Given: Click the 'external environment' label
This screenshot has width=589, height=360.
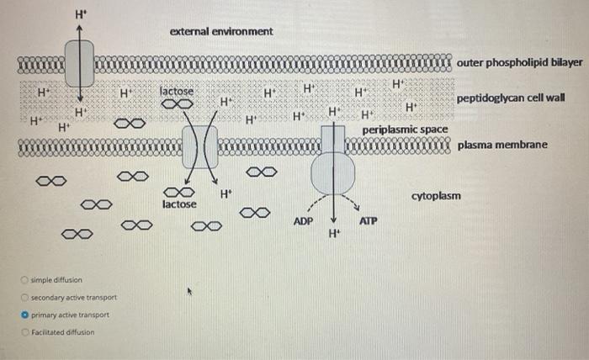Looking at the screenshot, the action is tap(221, 31).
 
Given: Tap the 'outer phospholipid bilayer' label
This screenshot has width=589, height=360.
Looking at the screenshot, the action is tap(520, 63).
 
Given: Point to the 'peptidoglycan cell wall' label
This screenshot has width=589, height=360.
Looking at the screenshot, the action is tap(511, 98).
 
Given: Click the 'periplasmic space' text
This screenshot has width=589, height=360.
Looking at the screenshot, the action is tap(405, 130).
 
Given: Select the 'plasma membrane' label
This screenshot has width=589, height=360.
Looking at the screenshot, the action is tap(502, 146).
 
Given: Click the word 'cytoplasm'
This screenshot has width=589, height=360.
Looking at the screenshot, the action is tap(436, 196).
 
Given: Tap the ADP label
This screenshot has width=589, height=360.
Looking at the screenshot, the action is tap(303, 220).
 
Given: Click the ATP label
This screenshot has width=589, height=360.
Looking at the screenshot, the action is tap(368, 220).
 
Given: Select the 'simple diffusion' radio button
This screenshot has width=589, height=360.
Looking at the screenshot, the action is tap(26, 280).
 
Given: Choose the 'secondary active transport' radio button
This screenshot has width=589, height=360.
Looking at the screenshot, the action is tap(26, 298).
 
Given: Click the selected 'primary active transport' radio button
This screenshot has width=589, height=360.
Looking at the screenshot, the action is tap(26, 315).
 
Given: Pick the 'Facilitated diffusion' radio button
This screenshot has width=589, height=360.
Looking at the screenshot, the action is tap(26, 331).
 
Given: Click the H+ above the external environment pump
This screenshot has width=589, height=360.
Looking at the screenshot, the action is tap(80, 13).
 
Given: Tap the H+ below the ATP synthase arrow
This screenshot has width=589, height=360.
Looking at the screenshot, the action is tap(335, 233).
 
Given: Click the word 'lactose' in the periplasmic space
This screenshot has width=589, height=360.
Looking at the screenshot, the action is tap(177, 91).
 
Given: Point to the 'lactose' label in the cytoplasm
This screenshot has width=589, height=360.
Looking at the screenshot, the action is tap(179, 204).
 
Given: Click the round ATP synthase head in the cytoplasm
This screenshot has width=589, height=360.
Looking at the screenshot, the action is tap(333, 174).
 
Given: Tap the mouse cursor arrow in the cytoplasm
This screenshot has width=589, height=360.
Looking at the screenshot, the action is tap(191, 293).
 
